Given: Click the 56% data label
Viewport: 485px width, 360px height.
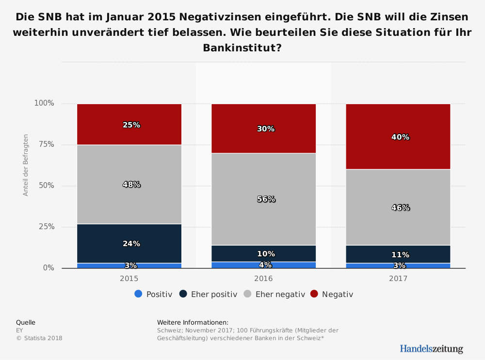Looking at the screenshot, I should tap(266, 199).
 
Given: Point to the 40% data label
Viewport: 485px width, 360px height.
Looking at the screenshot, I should tap(400, 137).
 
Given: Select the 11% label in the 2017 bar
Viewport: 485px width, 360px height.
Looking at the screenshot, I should tap(400, 255).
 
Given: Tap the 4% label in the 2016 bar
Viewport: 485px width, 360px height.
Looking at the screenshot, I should tap(265, 265).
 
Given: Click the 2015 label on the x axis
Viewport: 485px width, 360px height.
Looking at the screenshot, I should tap(129, 279).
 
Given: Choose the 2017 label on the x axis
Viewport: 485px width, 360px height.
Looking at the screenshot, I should tap(398, 279).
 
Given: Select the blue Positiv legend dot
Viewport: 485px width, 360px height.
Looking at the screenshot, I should tap(138, 294).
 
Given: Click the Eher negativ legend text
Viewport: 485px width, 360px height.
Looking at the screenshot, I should tap(280, 294).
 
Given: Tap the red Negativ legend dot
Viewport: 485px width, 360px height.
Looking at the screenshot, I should tap(314, 294).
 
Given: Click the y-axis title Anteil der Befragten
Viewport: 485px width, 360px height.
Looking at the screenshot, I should tap(26, 165).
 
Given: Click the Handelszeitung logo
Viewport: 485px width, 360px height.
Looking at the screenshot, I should tap(431, 349).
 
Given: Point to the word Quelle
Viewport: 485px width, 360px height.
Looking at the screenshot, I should tap(26, 322).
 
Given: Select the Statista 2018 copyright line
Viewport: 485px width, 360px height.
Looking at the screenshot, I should tap(39, 338).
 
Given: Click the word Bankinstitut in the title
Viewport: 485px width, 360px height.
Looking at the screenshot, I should tap(236, 48).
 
